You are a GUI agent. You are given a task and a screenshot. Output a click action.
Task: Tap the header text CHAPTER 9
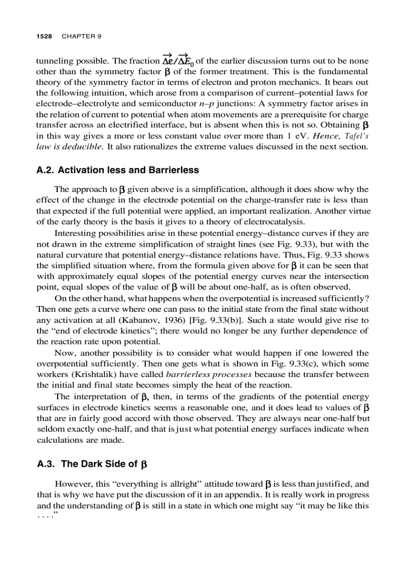click(81, 37)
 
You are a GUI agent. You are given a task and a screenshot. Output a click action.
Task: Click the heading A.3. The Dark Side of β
click(92, 464)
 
